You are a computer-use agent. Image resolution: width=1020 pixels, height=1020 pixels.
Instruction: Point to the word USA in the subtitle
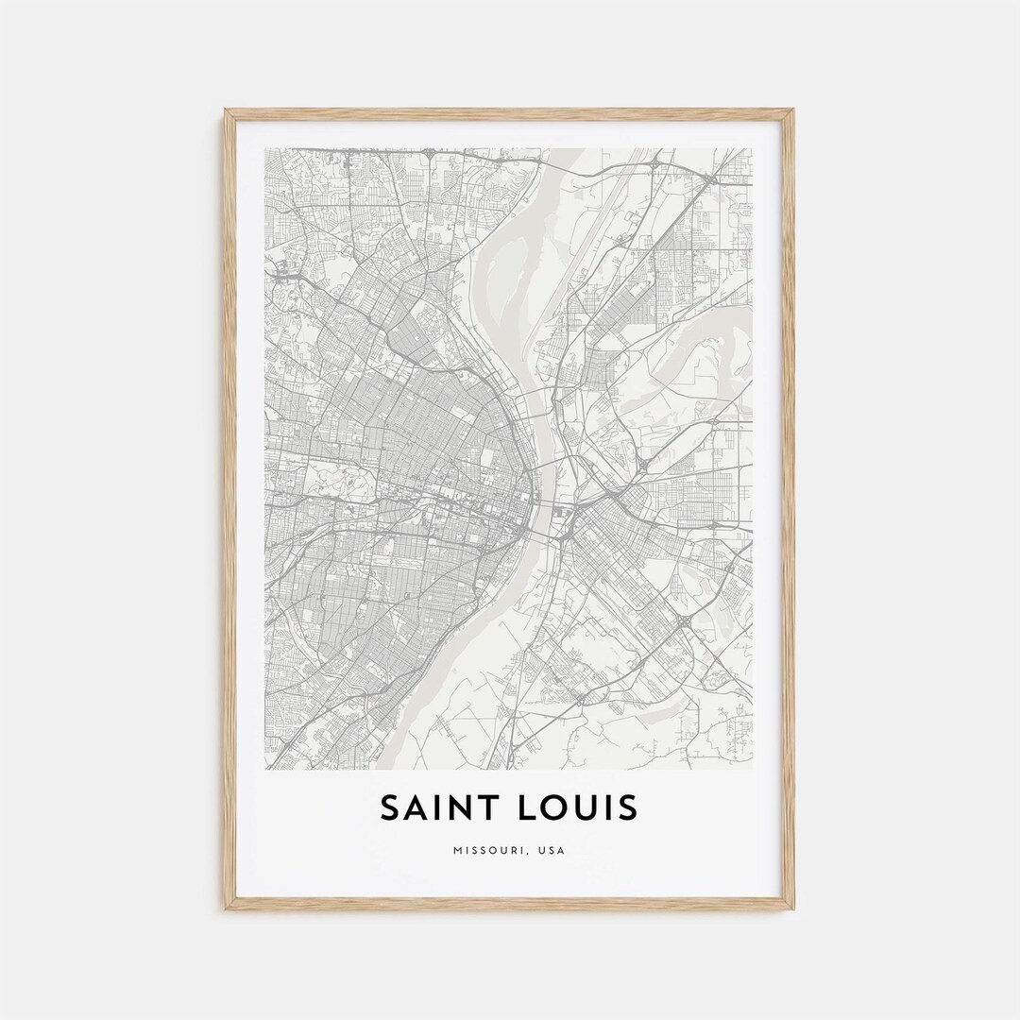(x=552, y=850)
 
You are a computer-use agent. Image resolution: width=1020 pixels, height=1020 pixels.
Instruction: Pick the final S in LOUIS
(x=629, y=808)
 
